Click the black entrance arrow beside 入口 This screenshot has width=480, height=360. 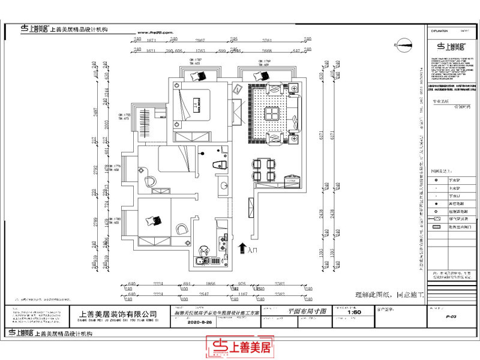coord(241,247)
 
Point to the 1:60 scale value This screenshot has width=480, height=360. coord(354,312)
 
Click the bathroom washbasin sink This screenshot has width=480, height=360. coord(224,185)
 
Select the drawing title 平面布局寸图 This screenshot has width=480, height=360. coord(307,311)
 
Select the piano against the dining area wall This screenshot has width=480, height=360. coord(292,179)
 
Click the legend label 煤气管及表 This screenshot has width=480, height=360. coord(456,220)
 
